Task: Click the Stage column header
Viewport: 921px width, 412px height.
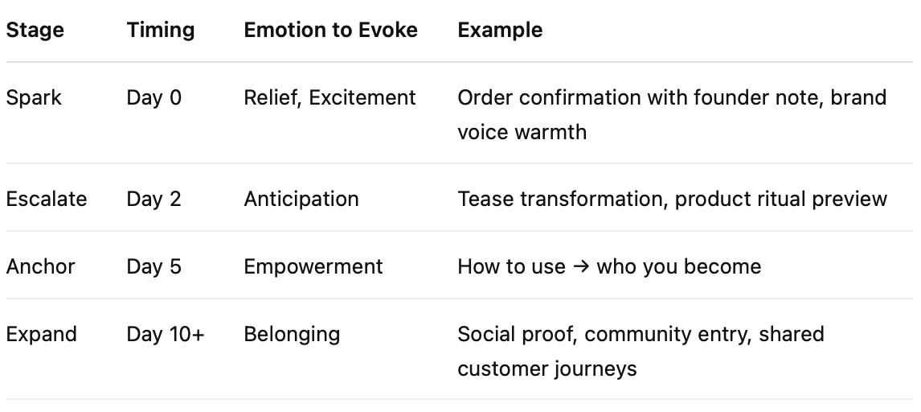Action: [x=35, y=31]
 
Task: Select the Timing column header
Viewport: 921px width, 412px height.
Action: [x=161, y=31]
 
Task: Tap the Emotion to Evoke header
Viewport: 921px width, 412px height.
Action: [x=331, y=31]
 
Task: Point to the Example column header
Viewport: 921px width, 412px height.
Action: [x=500, y=31]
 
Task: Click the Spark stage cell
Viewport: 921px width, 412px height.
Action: [x=34, y=98]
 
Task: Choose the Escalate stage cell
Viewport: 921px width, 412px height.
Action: [x=47, y=199]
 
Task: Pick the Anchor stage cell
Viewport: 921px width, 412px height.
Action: [x=41, y=266]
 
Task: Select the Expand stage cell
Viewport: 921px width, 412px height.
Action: [x=42, y=334]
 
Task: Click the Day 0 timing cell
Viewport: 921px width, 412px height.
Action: [x=154, y=98]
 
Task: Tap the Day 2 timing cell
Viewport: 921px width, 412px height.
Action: [x=154, y=199]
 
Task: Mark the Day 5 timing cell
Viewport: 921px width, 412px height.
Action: [x=154, y=266]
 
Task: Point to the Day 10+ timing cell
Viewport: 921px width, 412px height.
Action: [x=166, y=334]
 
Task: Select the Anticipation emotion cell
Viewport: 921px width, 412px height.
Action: [x=301, y=199]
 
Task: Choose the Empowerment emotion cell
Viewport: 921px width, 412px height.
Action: [x=313, y=266]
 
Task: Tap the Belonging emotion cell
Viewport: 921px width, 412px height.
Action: [x=292, y=334]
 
